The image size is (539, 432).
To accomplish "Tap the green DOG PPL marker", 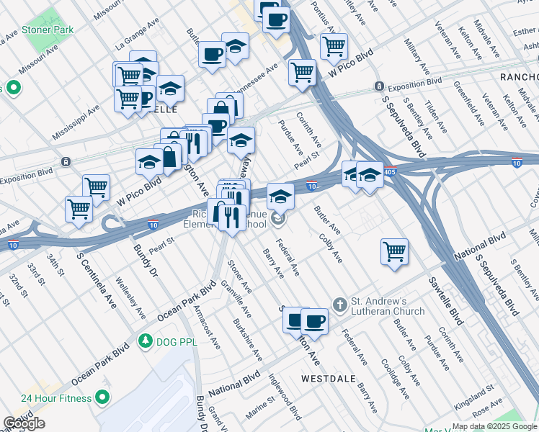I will click(146, 340).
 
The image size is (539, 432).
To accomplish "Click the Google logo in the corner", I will click(24, 423).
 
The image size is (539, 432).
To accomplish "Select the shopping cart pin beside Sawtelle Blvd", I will click(394, 253).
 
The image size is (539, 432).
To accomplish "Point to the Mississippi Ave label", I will click(76, 123).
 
